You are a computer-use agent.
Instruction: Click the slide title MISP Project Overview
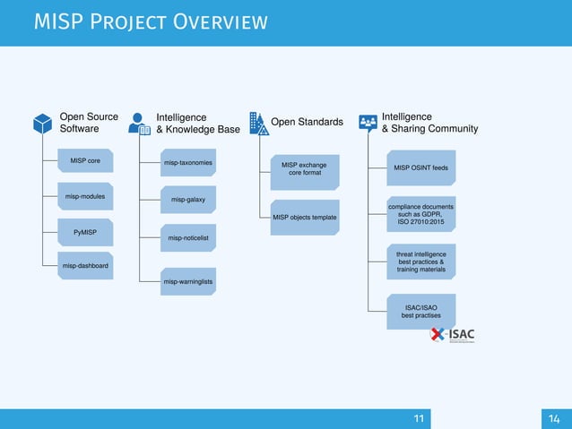[x=150, y=21]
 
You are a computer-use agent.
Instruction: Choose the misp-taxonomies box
[x=186, y=164]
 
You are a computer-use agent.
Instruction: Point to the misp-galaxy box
[x=186, y=200]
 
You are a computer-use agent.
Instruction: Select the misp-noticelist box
[x=186, y=238]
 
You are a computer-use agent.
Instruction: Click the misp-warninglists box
[x=186, y=282]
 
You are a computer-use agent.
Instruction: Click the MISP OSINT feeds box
[x=420, y=167]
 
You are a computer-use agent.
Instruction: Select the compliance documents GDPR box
[x=420, y=214]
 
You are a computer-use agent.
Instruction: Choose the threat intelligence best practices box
[x=420, y=262]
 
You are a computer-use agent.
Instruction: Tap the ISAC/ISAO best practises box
[x=420, y=311]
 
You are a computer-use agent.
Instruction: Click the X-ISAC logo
[x=453, y=336]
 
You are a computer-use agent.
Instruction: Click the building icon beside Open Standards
[x=257, y=124]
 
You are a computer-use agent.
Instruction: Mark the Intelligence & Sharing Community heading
[x=429, y=123]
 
